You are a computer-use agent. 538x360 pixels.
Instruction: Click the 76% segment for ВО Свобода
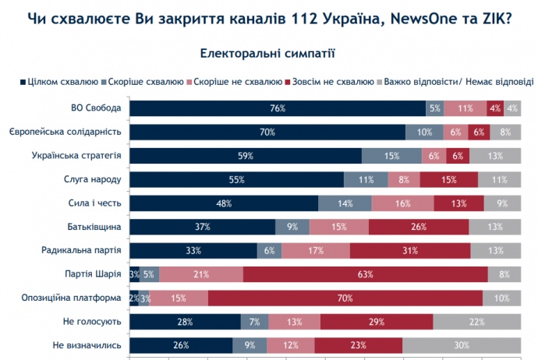point(277,108)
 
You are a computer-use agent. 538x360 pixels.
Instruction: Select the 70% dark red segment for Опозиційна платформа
point(345,298)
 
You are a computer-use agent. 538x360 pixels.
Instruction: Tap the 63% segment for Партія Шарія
point(365,274)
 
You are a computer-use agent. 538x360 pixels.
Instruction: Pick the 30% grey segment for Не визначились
point(462,345)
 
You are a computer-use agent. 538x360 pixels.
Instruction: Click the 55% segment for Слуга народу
point(236,179)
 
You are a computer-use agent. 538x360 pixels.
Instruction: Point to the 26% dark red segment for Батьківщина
point(419,227)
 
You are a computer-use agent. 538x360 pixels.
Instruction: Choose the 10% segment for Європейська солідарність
point(425,132)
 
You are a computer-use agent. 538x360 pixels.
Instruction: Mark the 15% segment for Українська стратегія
point(391,156)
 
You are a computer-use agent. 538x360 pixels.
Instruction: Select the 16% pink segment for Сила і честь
point(402,203)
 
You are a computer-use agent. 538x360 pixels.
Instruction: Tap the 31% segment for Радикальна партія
point(410,250)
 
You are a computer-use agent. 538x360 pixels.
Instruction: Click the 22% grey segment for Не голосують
point(477,321)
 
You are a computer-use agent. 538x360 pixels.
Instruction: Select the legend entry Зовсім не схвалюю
point(331,81)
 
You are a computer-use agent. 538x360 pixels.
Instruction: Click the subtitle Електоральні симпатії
point(267,54)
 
